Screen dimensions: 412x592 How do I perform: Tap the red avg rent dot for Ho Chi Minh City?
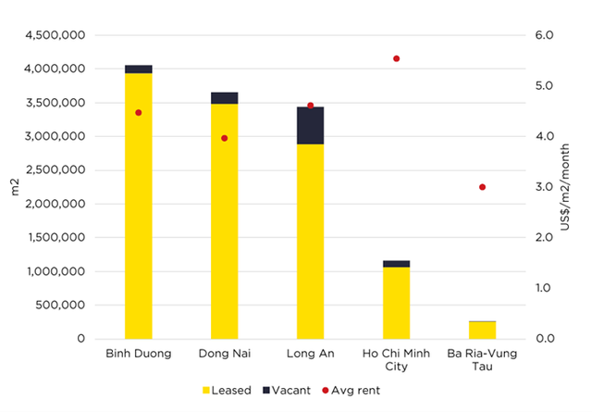[x=396, y=58]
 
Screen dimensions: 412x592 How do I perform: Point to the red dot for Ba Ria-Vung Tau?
[x=482, y=187]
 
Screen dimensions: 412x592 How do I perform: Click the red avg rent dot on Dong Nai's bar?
[x=224, y=138]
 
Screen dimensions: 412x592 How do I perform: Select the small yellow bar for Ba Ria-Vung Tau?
[x=482, y=331]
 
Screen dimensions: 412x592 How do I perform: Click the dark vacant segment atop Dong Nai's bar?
[x=224, y=98]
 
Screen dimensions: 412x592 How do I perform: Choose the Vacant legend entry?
[x=284, y=391]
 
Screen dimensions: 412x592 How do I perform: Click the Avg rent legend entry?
[x=347, y=391]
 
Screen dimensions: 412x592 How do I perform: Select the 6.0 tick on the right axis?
[x=543, y=35]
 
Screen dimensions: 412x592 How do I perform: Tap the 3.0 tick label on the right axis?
[x=543, y=187]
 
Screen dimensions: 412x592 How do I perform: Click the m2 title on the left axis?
[x=15, y=188]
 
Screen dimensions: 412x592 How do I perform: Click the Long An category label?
[x=310, y=354]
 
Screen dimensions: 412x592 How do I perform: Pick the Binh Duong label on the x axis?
[x=139, y=354]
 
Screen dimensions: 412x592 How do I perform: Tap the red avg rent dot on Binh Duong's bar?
[x=139, y=113]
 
